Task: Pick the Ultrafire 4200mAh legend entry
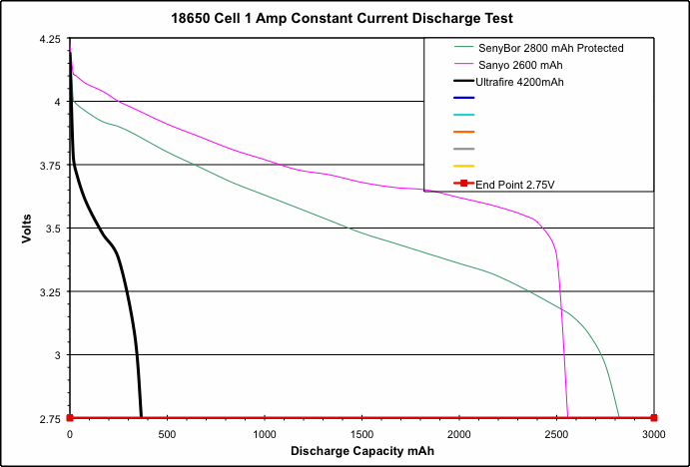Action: [x=520, y=82]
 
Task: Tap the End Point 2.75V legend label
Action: [x=515, y=184]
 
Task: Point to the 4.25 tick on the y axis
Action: [x=49, y=39]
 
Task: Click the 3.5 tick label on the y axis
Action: [x=54, y=229]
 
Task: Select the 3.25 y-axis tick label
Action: [x=49, y=292]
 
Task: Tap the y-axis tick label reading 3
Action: [x=58, y=355]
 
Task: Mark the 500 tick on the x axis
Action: [x=167, y=435]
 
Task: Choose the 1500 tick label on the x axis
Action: [x=361, y=435]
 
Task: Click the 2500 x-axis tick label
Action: [x=556, y=435]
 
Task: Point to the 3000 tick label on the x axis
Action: [x=654, y=435]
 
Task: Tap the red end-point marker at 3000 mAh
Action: [x=654, y=418]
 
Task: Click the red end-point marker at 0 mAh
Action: [x=70, y=418]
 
